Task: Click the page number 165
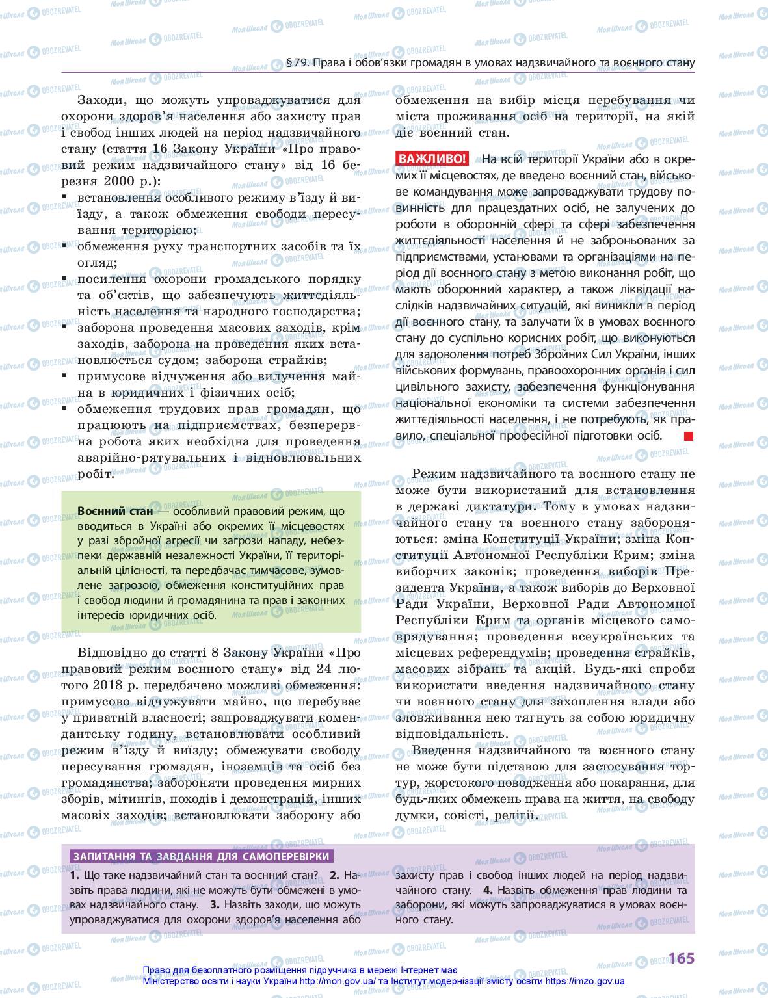681,958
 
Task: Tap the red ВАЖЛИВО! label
431,159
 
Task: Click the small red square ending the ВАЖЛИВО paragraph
689,436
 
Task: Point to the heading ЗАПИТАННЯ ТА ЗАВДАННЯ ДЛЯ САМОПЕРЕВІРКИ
202,856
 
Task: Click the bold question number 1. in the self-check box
75,875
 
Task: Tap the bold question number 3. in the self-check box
215,904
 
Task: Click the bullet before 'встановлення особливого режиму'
64,197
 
